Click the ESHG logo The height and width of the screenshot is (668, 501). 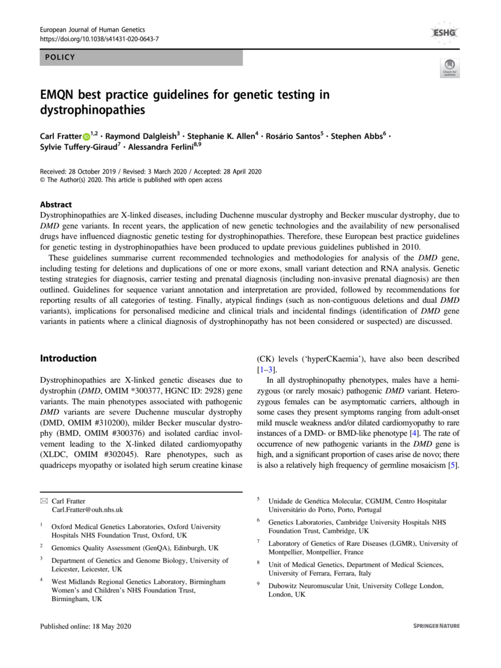point(444,33)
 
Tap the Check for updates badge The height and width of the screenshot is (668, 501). point(450,68)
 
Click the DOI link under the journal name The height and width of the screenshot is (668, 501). point(99,39)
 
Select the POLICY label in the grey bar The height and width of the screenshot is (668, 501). point(60,57)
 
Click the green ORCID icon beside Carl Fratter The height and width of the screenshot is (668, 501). point(86,137)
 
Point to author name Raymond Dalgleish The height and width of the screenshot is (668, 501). point(140,137)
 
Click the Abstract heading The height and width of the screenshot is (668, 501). point(56,204)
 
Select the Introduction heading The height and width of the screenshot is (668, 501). point(68,358)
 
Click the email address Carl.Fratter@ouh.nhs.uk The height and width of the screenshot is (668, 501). point(87,510)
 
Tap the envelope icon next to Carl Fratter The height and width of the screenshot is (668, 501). point(44,501)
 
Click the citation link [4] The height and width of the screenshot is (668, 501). point(414,433)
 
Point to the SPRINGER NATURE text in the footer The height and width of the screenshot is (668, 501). point(436,626)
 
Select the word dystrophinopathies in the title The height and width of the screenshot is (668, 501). point(93,110)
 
